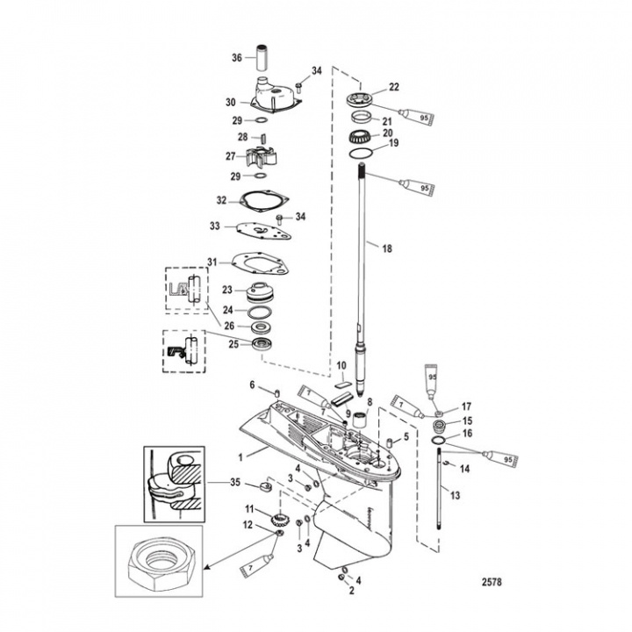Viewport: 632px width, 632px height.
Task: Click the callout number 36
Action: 236,58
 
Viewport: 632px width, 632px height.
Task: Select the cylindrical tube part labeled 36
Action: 262,58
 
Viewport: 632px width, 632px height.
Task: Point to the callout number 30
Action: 231,102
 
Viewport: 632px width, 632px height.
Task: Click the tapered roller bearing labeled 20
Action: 361,136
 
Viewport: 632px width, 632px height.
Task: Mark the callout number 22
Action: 394,86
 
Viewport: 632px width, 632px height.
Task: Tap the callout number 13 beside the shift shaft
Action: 454,495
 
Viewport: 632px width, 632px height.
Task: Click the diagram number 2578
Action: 498,580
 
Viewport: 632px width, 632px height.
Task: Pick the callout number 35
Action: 233,481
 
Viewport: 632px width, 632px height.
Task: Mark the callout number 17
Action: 466,406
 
